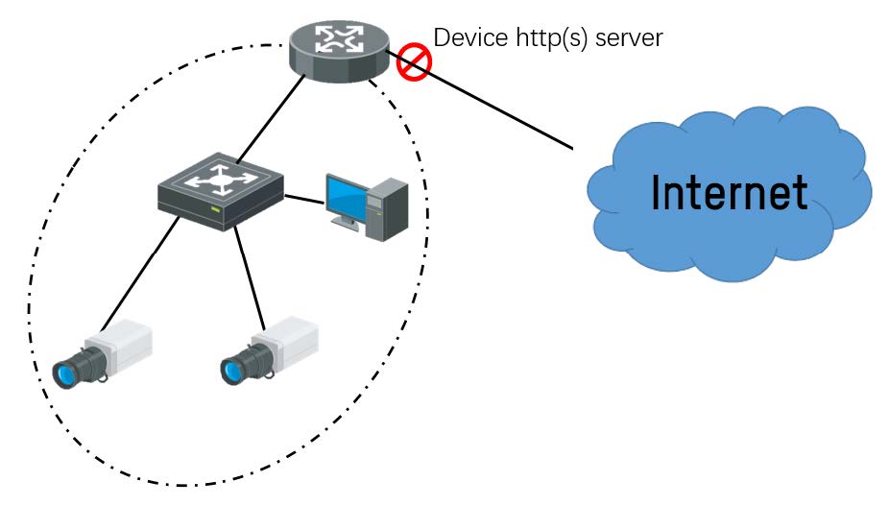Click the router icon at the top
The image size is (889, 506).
click(x=340, y=51)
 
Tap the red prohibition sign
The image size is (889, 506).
click(x=414, y=61)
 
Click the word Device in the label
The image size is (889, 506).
click(x=470, y=38)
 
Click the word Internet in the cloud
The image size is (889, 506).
click(x=729, y=193)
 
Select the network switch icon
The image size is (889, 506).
click(x=221, y=191)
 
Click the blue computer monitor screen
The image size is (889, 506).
click(x=346, y=199)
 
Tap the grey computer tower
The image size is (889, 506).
click(x=387, y=209)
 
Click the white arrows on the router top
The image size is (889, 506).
click(x=339, y=38)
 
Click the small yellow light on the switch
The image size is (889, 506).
click(x=215, y=210)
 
